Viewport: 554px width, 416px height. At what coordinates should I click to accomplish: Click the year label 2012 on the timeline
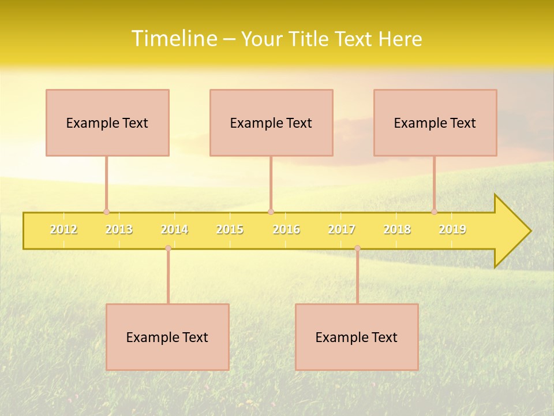coord(63,229)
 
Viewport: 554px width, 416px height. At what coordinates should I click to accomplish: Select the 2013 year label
coord(119,229)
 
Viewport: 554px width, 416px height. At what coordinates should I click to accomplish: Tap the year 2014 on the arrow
coord(174,229)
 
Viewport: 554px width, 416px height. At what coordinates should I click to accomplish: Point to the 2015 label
coord(230,229)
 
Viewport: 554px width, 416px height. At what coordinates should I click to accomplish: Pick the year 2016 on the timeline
coord(286,229)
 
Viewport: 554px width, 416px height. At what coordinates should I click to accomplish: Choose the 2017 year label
coord(342,229)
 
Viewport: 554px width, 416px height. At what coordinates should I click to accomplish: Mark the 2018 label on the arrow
coord(397,229)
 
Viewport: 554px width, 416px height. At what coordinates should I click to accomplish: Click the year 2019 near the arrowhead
coord(452,229)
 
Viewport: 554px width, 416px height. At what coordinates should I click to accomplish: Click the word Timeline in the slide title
coord(173,39)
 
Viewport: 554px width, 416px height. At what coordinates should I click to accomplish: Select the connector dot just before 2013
coord(106,211)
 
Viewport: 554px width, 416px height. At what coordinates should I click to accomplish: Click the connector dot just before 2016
coord(271,211)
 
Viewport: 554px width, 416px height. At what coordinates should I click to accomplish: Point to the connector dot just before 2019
coord(435,211)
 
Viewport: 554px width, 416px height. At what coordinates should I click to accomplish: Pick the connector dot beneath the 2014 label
coord(168,248)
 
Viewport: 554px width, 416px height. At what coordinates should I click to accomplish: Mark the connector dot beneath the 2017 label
coord(357,248)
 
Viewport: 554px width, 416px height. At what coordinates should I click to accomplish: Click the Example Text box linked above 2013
coord(107,122)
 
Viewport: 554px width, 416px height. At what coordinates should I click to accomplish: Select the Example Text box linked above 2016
coord(271,122)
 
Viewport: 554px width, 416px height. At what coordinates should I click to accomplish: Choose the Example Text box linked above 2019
coord(435,122)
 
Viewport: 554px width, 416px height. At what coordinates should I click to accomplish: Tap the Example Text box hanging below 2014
coord(167,337)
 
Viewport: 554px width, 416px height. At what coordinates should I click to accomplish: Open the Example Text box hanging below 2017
coord(357,337)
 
